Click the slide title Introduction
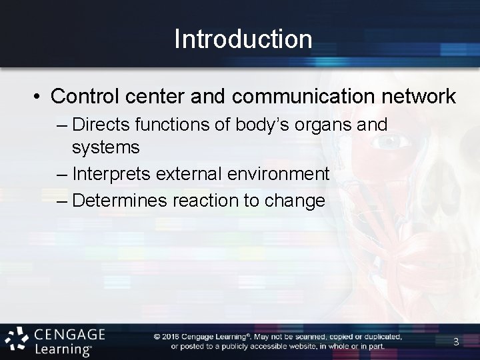tap(243, 39)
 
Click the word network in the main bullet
tap(418, 97)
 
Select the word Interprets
tap(114, 175)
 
